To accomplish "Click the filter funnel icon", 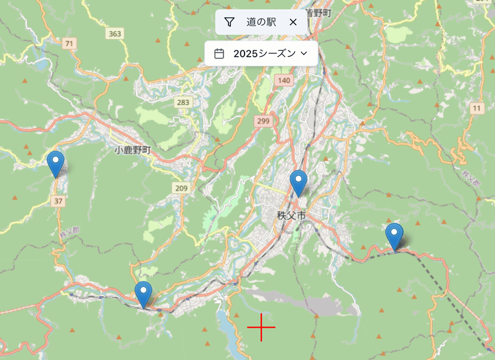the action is tap(229, 22).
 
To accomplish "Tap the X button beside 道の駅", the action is tap(293, 22).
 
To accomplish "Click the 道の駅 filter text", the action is tap(261, 22).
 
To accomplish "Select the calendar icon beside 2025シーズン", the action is tap(219, 54).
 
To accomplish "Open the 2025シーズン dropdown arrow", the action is tap(304, 54).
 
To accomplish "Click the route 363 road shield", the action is tap(115, 34).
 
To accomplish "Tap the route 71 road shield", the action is tap(71, 43).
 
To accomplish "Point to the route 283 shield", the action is tap(183, 102).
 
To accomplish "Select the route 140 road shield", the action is tap(284, 80).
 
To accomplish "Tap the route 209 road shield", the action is tap(182, 188).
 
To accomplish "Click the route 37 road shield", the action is tap(58, 201).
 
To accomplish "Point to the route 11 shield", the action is tap(476, 108).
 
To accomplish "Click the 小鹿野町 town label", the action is tap(132, 150).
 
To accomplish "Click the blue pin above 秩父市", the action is tap(298, 182).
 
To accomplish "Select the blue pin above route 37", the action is tap(56, 163).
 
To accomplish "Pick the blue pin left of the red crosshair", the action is tap(143, 293).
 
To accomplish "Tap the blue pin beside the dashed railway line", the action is tap(394, 235).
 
